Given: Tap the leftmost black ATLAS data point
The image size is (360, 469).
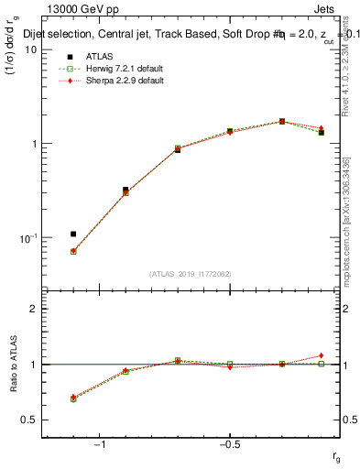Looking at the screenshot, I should pos(73,234).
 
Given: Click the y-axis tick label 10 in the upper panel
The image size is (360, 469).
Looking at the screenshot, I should pos(27,49).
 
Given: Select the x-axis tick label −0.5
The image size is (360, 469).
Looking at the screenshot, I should pos(229,444).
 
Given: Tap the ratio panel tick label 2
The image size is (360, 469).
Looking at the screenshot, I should pos(32,309).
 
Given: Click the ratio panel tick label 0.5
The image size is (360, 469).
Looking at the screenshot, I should pos(27,420).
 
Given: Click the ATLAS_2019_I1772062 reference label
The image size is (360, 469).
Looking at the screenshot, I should pos(191,274).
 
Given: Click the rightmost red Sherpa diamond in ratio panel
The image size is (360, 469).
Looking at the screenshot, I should pos(321,355).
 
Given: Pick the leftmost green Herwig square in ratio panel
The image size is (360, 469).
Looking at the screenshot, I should pos(73,399).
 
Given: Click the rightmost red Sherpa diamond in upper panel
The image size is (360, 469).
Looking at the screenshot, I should pos(321,128).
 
